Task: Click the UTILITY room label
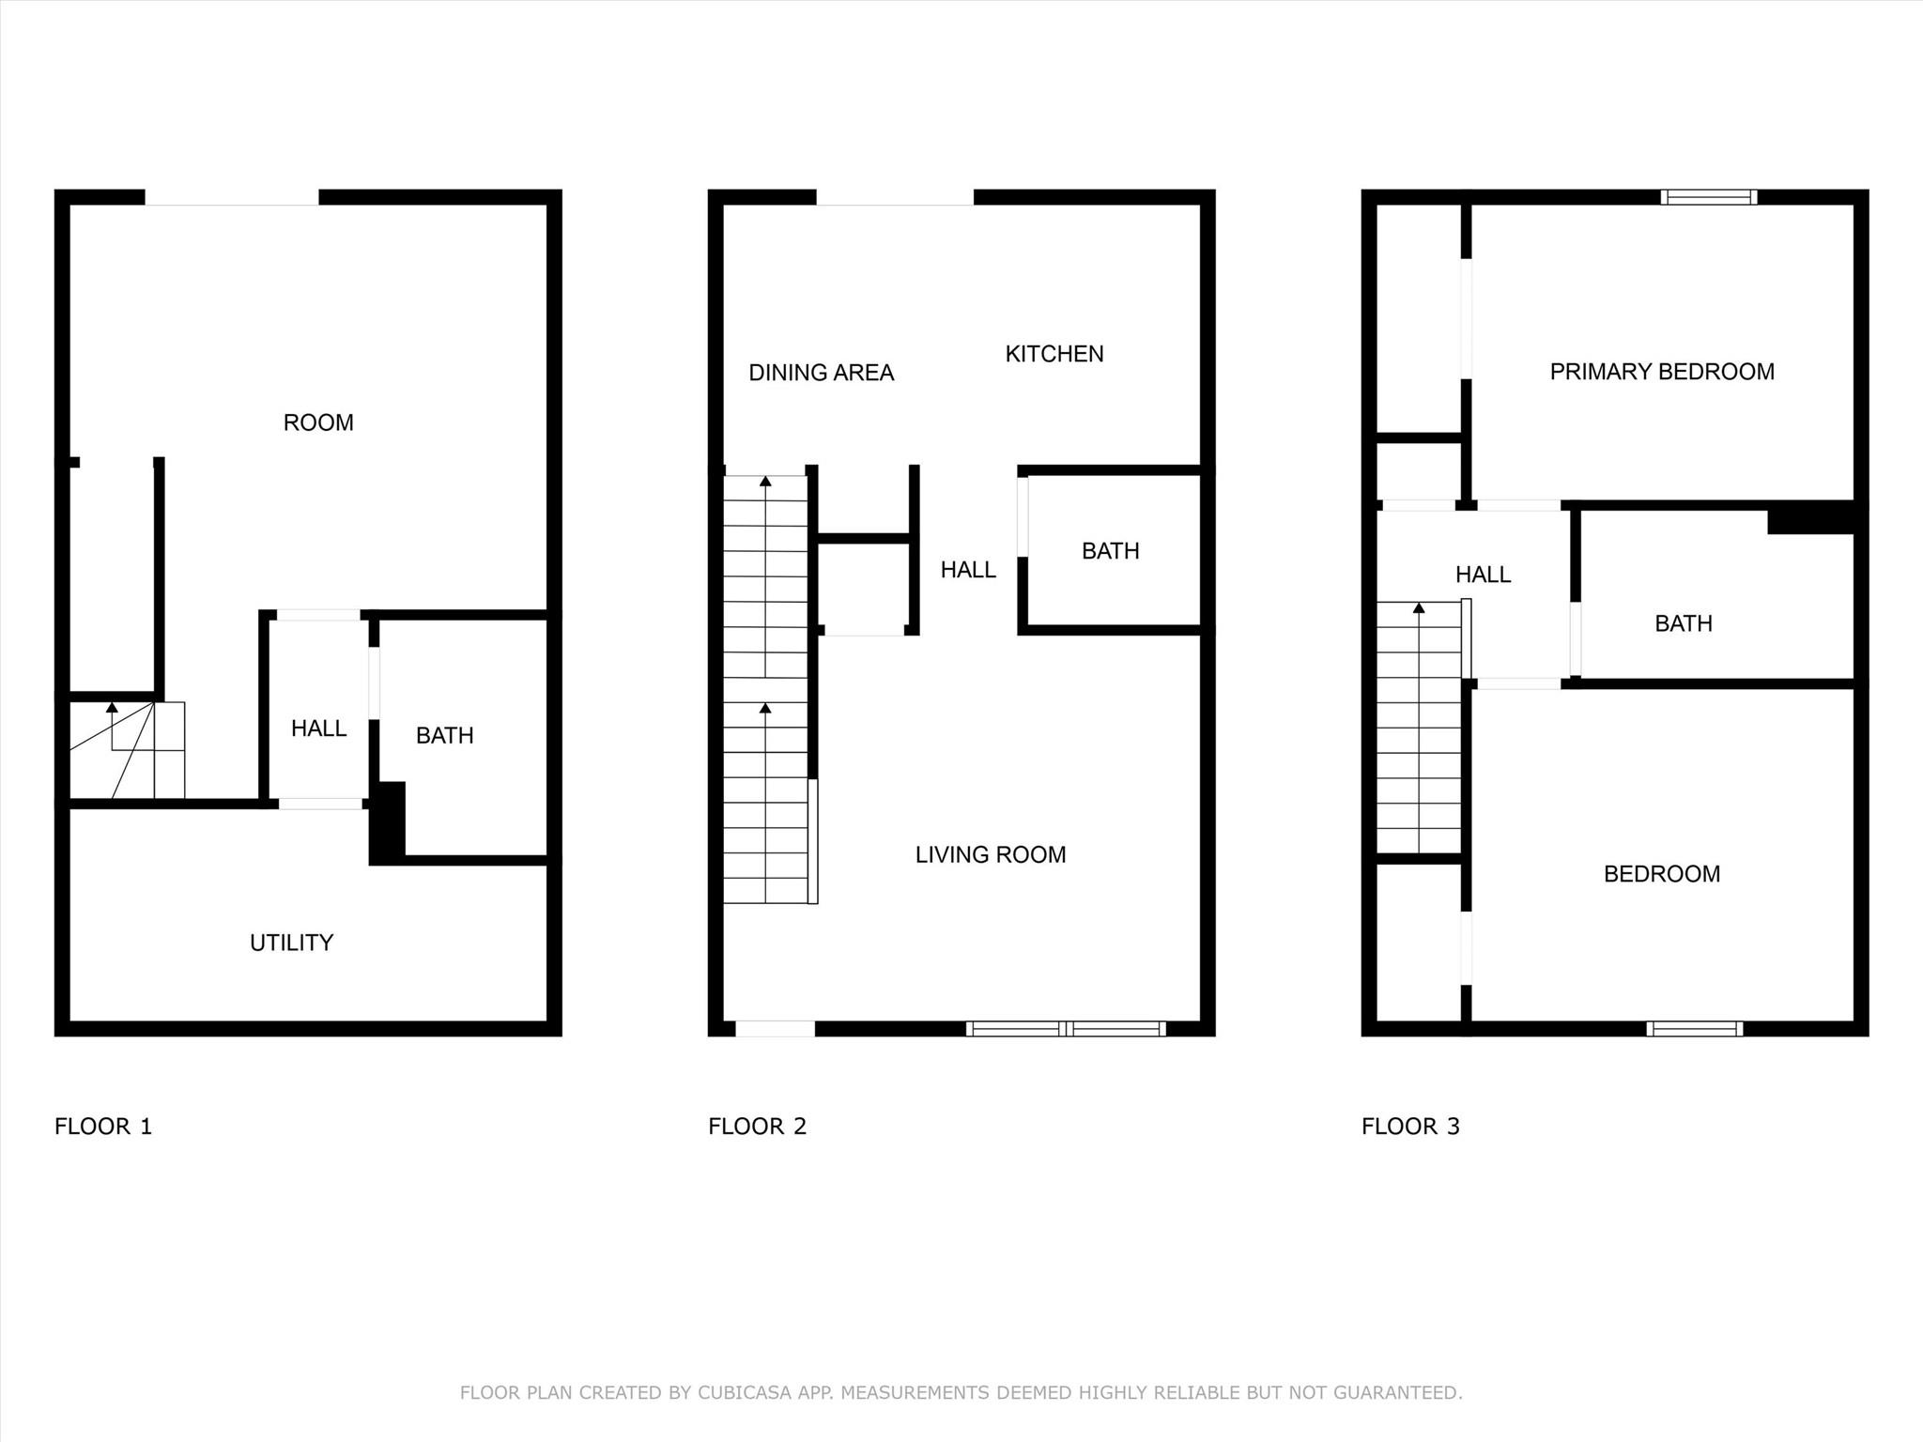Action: pos(291,943)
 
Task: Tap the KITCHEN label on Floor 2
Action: pos(1054,354)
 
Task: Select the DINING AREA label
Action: pos(822,373)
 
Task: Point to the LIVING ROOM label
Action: pos(991,854)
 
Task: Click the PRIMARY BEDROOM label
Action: pos(1662,372)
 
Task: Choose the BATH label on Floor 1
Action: pos(445,735)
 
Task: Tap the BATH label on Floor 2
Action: pos(1111,551)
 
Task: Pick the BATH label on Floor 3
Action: pos(1684,623)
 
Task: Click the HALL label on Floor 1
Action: pos(319,729)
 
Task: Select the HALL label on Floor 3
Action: pos(1484,575)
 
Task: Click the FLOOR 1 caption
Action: pos(103,1127)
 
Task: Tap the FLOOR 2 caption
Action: pos(758,1127)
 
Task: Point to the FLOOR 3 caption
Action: pos(1411,1127)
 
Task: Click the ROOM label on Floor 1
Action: pos(318,422)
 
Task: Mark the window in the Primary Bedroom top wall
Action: pos(1709,197)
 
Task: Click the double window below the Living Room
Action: pos(1067,1029)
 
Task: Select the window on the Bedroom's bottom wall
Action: pos(1695,1029)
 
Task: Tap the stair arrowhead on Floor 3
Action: pos(1419,608)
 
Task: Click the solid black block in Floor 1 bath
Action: pos(387,822)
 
